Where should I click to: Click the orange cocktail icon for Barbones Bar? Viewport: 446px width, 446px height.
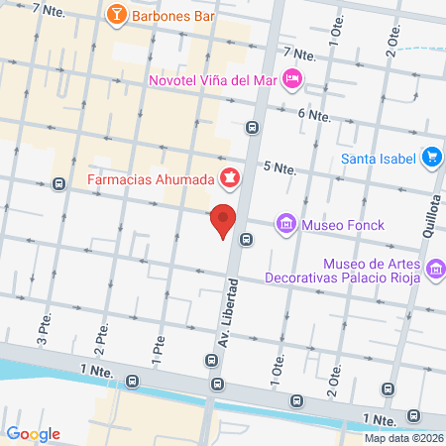116,15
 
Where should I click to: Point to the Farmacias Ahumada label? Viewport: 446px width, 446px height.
150,179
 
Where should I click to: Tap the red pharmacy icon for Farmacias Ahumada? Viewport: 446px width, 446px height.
230,178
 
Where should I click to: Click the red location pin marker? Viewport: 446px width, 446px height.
223,220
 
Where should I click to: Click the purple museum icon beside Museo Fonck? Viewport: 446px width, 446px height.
286,224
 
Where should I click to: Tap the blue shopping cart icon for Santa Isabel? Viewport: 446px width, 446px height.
431,157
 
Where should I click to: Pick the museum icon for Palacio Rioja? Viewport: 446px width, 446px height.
434,269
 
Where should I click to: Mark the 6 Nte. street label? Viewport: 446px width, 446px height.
313,115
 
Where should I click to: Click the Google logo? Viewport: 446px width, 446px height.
33,433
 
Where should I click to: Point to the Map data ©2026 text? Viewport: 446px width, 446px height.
403,438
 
